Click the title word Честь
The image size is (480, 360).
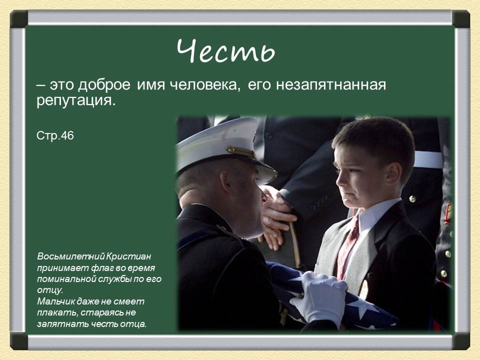(226, 51)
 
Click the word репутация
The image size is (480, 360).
(75, 101)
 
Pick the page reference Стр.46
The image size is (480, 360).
(55, 135)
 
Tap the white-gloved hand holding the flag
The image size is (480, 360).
(320, 297)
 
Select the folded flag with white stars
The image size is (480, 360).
(350, 305)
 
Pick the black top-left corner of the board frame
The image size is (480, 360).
(19, 19)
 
